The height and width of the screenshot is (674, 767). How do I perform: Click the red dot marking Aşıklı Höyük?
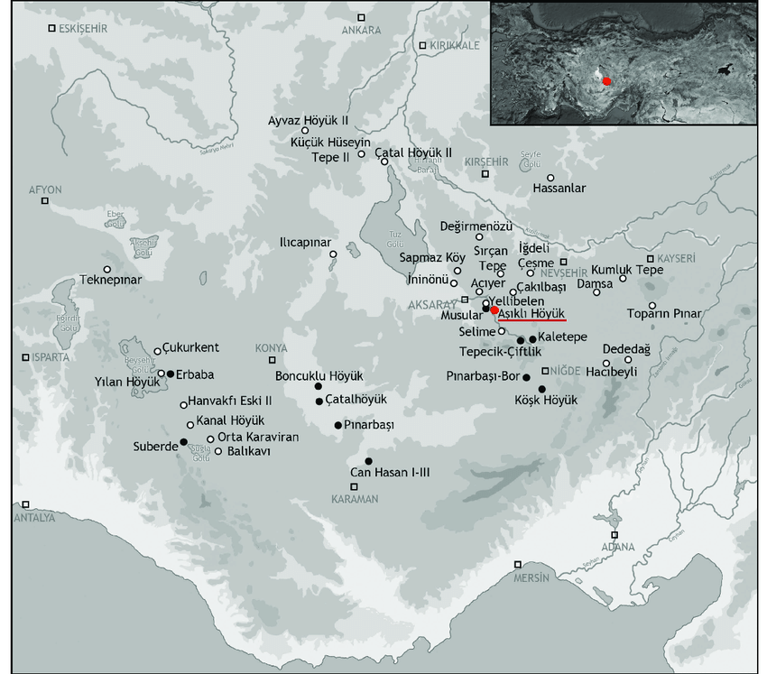(494, 309)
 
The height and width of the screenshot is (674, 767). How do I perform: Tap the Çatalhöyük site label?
(356, 399)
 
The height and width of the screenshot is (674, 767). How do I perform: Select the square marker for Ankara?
(361, 17)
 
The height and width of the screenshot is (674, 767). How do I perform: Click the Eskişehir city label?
(82, 29)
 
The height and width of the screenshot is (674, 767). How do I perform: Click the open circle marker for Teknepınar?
(107, 269)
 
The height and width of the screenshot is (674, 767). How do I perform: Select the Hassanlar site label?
(559, 189)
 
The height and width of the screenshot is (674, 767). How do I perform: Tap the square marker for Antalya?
(26, 504)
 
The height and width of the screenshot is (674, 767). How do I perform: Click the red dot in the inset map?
(607, 80)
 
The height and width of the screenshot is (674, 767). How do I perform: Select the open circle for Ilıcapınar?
(333, 254)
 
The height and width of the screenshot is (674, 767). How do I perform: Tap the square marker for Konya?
(273, 360)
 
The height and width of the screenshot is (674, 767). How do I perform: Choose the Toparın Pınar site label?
(663, 314)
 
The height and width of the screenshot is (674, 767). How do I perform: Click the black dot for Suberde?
(183, 441)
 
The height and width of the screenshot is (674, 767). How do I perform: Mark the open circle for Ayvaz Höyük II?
(306, 130)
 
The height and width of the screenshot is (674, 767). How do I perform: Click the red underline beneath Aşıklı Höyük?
(531, 319)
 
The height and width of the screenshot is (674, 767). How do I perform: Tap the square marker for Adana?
(640, 534)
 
